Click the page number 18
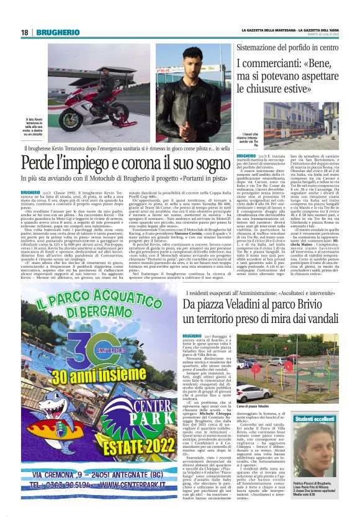[x=25, y=32]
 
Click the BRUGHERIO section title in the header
[x=56, y=32]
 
